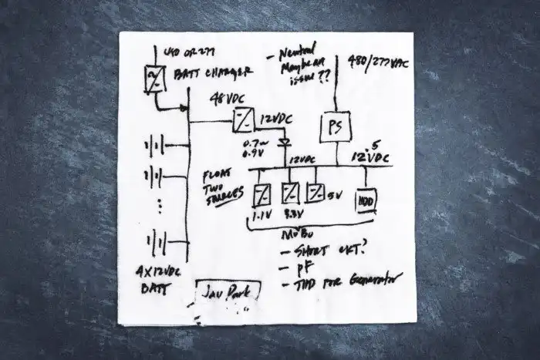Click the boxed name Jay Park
227,293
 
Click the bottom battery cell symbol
157,242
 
